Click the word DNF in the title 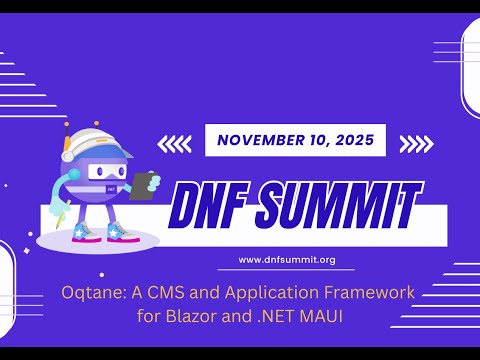[214, 206]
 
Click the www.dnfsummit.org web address [286, 260]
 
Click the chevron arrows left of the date [175, 144]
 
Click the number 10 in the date [314, 140]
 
